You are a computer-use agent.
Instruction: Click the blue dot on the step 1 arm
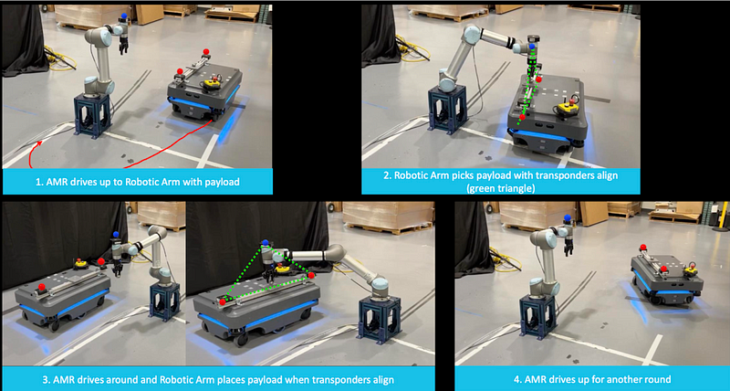[x=124, y=16]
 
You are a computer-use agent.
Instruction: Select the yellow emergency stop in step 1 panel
[x=213, y=84]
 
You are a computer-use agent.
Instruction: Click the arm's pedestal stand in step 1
[x=93, y=116]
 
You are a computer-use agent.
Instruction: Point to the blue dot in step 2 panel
[x=532, y=48]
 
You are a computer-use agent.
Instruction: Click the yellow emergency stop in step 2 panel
[x=568, y=108]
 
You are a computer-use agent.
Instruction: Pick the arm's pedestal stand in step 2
[x=447, y=110]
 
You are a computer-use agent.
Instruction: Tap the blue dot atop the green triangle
[x=266, y=242]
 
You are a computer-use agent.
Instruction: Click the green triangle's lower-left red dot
[x=223, y=302]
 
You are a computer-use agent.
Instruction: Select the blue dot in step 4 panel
[x=567, y=217]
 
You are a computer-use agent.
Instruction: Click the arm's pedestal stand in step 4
[x=538, y=317]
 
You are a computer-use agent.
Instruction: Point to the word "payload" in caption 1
[x=222, y=182]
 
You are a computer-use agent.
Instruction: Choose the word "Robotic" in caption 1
[x=143, y=182]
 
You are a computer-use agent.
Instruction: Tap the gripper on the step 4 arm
[x=568, y=247]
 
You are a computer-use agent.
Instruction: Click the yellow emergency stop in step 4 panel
[x=690, y=269]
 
